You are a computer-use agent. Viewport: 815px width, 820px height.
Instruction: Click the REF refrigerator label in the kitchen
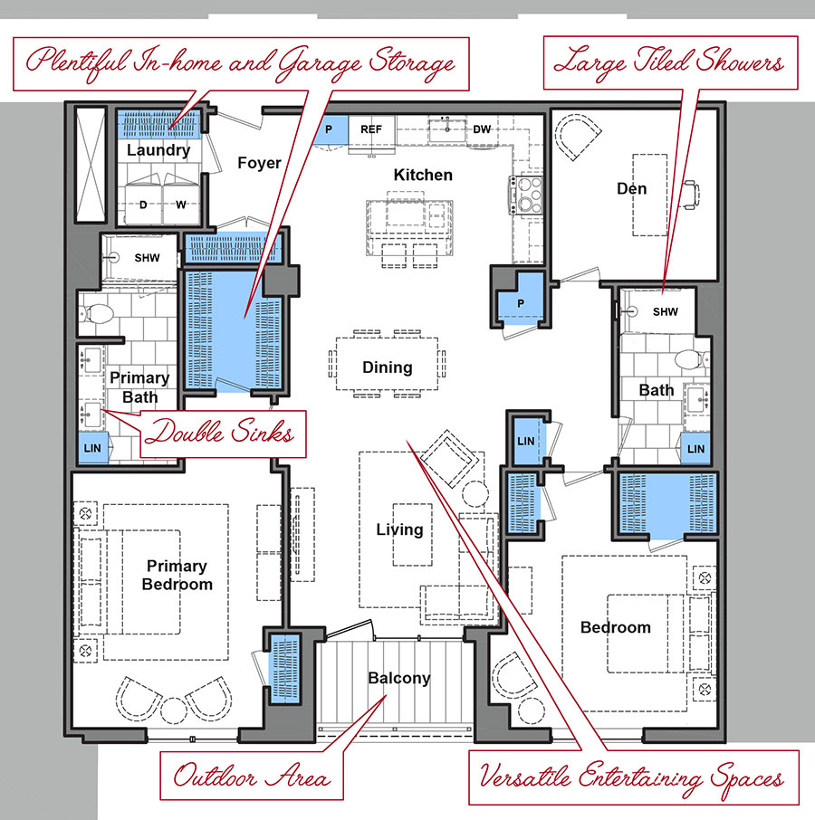coord(371,129)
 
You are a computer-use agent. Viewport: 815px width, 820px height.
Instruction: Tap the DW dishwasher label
coord(482,129)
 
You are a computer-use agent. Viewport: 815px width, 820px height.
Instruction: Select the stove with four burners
coord(526,195)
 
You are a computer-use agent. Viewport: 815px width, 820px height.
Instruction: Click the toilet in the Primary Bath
coord(97,314)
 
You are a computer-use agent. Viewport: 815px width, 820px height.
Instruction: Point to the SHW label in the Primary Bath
coord(147,258)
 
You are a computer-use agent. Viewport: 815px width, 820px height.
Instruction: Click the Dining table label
coord(387,367)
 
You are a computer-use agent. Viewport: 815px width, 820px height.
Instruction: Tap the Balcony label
coord(399,678)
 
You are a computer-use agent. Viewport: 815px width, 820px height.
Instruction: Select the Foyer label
coord(260,163)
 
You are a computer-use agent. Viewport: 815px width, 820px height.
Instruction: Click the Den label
coord(631,188)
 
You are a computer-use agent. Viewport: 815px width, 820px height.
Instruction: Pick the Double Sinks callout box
coord(223,434)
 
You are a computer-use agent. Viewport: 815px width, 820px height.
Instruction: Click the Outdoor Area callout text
coord(252,776)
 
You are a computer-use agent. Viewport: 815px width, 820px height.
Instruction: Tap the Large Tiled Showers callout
coord(671,62)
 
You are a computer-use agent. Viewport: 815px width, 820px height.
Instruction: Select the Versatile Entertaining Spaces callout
coord(634,777)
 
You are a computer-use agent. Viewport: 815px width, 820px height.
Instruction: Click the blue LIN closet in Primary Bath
coord(92,448)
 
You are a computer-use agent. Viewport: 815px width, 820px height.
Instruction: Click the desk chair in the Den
coord(692,195)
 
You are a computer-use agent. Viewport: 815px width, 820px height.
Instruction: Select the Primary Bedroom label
coord(177,575)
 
